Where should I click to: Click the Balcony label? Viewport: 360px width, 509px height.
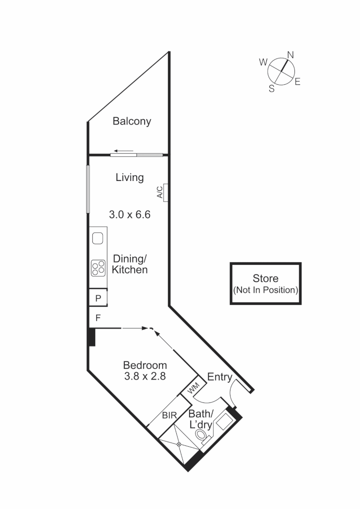tap(132, 121)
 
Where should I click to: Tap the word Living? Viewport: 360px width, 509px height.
tap(130, 178)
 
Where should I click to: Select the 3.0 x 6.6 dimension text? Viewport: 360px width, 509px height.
tap(130, 215)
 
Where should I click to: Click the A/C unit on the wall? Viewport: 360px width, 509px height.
tap(164, 192)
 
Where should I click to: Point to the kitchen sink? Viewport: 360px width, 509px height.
tap(98, 238)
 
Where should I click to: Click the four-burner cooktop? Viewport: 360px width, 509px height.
tap(98, 268)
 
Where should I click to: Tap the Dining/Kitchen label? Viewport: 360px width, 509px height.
tap(130, 264)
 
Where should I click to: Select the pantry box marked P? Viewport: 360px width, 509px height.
tap(98, 298)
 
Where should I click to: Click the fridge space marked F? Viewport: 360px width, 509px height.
tap(98, 318)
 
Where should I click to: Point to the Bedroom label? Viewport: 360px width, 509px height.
tap(145, 365)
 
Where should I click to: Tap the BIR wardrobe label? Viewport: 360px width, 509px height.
tap(169, 416)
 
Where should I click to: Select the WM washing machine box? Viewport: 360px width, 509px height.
tap(194, 389)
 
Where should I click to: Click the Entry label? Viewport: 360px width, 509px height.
tap(220, 377)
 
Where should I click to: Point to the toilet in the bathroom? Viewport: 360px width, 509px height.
tap(203, 436)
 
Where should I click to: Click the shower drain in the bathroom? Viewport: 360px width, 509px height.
tap(179, 444)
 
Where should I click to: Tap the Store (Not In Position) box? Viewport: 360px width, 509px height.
tap(266, 284)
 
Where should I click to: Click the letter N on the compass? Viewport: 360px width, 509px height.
tap(291, 55)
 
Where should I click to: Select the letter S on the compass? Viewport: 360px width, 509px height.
tap(271, 89)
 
